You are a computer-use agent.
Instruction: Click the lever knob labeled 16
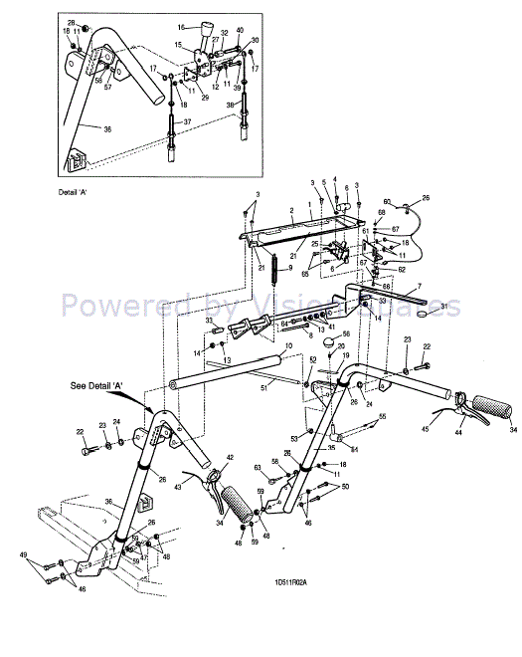[x=210, y=28]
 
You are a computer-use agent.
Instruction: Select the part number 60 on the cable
[x=388, y=201]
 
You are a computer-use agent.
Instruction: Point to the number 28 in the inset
[x=71, y=22]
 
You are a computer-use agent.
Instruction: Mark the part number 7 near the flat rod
[x=419, y=286]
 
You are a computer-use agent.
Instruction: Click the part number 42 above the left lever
[x=229, y=457]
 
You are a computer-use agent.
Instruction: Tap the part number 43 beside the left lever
[x=179, y=487]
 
